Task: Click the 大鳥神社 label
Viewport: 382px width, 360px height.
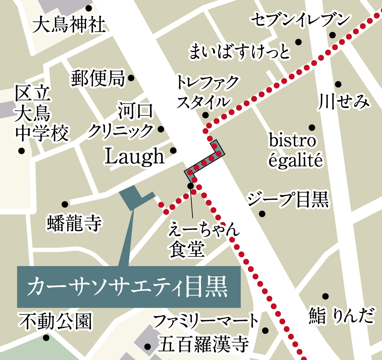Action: (x=69, y=26)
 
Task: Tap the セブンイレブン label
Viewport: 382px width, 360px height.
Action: (x=300, y=20)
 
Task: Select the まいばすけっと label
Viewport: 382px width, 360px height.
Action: (x=240, y=52)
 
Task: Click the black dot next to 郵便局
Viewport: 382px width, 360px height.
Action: (x=131, y=78)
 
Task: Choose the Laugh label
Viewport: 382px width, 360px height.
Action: (x=134, y=156)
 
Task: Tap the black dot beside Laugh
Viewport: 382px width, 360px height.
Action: (x=173, y=150)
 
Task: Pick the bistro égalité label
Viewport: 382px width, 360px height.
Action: (x=293, y=150)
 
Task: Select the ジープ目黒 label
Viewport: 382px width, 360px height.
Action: (x=288, y=199)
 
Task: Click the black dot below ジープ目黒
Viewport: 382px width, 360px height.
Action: (x=262, y=213)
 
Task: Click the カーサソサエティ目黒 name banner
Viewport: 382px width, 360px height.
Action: (x=128, y=286)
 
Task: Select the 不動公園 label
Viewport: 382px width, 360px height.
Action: (x=56, y=322)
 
